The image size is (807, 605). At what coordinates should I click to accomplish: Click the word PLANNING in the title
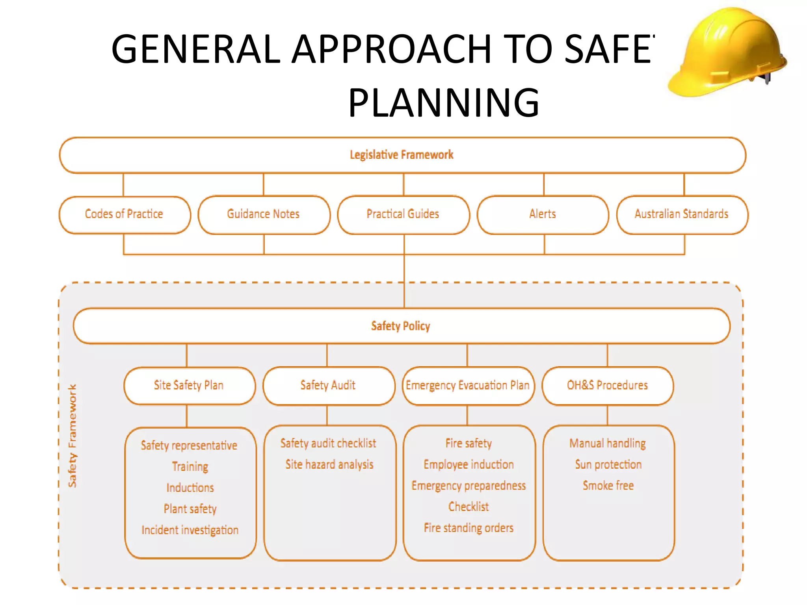pos(443,103)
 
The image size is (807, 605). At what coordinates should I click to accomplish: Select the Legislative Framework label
pos(402,155)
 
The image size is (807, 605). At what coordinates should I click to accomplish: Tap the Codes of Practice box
pos(124,214)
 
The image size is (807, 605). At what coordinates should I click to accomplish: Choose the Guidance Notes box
pos(264,214)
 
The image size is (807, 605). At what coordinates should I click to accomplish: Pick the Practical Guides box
pos(403,214)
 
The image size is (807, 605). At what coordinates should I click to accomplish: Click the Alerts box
pos(543,214)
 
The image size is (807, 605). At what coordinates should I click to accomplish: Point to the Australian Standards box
pos(682,214)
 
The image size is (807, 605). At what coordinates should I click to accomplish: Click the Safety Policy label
pos(401,326)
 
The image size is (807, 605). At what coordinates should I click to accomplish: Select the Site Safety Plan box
pos(189,385)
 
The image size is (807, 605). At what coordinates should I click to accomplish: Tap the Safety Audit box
pos(328,385)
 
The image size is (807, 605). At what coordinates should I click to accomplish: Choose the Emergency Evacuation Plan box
pos(468,385)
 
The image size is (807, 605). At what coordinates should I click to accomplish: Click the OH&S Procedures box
pos(607,385)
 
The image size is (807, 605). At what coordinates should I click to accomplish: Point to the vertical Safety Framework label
pos(73,436)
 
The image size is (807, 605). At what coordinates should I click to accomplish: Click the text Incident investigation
pos(190,530)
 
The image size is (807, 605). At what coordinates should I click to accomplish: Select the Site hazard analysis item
pos(329,465)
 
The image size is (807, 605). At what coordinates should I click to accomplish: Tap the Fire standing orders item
pos(469,528)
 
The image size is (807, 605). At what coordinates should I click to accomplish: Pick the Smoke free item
pos(608,486)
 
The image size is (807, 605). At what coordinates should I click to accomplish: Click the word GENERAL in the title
pos(195,49)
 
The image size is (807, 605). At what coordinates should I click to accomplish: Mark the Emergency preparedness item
pos(469,486)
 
